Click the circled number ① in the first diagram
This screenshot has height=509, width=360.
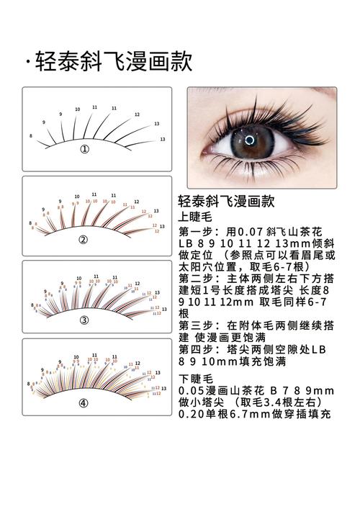[x=84, y=149]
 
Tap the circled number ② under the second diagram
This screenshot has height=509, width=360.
[x=84, y=239]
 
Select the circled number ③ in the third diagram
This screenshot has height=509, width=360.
[x=84, y=320]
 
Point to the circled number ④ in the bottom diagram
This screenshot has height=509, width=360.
[x=84, y=402]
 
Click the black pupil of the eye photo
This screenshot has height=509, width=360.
[x=249, y=139]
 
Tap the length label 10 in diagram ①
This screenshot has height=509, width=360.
[x=78, y=109]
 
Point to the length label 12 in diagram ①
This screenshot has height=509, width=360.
[x=137, y=114]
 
